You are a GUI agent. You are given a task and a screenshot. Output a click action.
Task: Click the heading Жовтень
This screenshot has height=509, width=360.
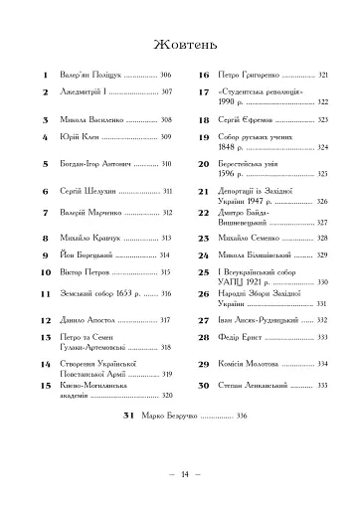(x=179, y=43)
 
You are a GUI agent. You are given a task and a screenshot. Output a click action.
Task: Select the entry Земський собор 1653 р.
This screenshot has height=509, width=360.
(x=96, y=293)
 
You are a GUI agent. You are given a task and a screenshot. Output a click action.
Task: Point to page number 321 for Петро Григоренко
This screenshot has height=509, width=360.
(x=322, y=76)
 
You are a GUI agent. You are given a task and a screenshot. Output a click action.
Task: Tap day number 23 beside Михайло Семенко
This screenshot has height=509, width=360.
(x=202, y=239)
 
